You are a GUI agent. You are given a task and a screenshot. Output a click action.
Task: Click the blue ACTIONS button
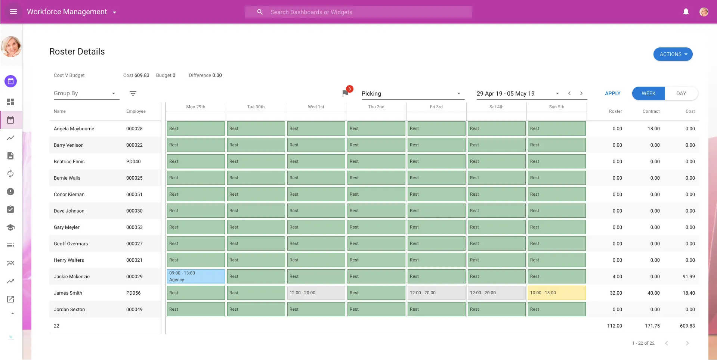click(x=673, y=54)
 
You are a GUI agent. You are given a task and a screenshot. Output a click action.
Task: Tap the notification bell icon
click(x=686, y=12)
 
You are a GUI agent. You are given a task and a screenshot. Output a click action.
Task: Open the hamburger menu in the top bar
click(x=13, y=12)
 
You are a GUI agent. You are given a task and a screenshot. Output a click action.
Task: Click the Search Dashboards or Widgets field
click(x=359, y=12)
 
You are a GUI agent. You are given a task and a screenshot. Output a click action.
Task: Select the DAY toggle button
click(x=681, y=93)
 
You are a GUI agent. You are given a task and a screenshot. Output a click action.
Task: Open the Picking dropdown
click(x=411, y=93)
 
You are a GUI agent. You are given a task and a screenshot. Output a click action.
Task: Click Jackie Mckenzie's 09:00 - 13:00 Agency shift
click(x=195, y=276)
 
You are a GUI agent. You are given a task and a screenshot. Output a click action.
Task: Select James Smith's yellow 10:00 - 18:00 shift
click(x=556, y=293)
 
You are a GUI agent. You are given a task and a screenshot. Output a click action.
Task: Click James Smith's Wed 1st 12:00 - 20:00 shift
click(x=316, y=293)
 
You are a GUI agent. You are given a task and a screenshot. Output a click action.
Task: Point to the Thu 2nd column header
click(x=376, y=107)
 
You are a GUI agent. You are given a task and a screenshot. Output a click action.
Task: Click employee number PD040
click(x=133, y=162)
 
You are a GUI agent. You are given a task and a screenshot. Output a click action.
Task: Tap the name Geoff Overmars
click(x=71, y=244)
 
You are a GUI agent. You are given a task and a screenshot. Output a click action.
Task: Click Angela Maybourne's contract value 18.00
click(x=653, y=129)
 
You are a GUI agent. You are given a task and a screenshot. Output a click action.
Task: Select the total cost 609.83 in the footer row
click(x=687, y=326)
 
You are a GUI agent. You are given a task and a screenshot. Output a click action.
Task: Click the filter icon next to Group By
click(x=133, y=93)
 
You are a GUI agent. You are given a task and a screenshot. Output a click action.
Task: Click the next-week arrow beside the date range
click(x=581, y=93)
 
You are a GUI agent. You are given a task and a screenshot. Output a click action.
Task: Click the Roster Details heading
click(x=77, y=52)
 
